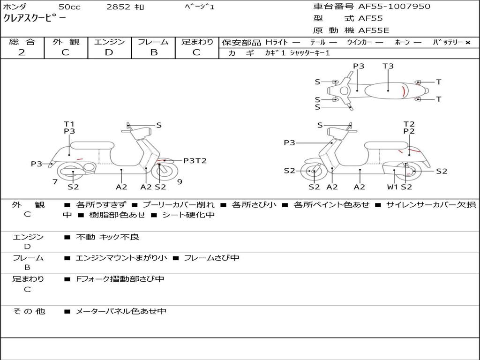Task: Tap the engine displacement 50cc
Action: (69, 7)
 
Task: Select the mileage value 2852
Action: (119, 7)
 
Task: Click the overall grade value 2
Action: (22, 52)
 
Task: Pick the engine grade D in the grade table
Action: (109, 52)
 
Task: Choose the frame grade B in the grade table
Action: (153, 52)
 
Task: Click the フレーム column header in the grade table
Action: (153, 42)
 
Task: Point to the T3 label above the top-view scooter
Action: (388, 66)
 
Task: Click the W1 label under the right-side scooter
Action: (393, 187)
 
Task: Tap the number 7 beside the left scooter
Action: (55, 182)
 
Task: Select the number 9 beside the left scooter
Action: (180, 182)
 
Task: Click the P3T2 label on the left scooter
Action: (195, 161)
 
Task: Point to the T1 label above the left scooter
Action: (69, 124)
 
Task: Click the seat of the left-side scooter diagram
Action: (92, 145)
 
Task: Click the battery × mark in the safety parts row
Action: (467, 42)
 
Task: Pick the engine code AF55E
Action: (374, 31)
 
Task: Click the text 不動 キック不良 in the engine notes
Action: (107, 237)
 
